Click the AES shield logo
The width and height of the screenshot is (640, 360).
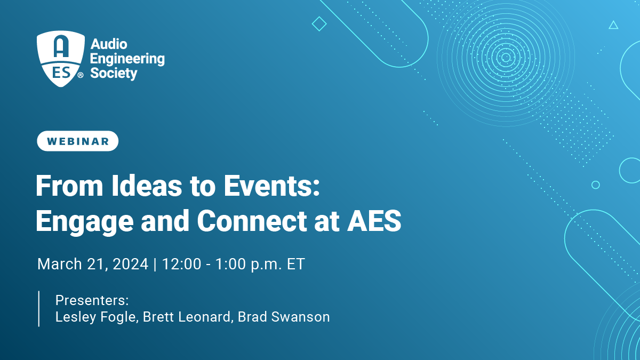pos(61,59)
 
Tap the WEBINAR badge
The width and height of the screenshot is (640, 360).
pos(77,141)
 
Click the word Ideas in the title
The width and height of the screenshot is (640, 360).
pos(147,186)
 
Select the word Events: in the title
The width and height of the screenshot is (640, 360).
pos(271,186)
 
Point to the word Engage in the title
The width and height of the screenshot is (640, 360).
pos(85,222)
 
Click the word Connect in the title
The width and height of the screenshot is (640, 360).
pos(252,221)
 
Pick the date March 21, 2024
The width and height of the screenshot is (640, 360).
pos(93,263)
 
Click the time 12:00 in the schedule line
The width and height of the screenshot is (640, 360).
pos(181,263)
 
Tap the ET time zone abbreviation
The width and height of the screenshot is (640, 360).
pos(295,263)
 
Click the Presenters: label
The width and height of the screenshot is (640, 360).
pos(92,300)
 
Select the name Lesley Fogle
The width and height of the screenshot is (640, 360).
pos(97,317)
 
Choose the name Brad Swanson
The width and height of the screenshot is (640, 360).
pos(284,317)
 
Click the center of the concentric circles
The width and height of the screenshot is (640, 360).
pos(506,58)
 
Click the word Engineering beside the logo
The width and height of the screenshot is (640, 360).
pos(127,59)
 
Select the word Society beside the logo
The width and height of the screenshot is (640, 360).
pos(114,74)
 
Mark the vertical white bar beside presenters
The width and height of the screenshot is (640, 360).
pos(39,309)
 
